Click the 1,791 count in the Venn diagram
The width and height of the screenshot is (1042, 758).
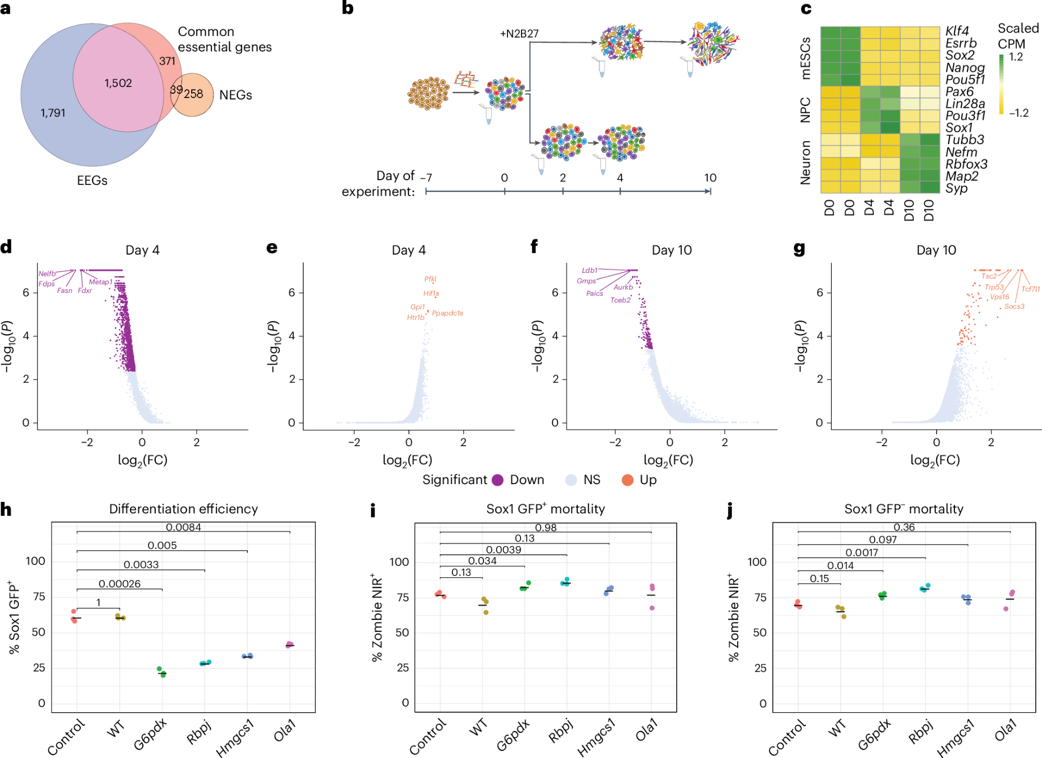[53, 112]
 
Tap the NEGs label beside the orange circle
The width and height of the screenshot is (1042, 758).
[235, 95]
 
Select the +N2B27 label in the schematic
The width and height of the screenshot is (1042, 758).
[519, 34]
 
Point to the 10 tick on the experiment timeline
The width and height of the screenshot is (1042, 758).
[710, 178]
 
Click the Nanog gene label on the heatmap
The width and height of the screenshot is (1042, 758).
[965, 68]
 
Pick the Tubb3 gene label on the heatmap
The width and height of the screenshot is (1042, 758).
[964, 140]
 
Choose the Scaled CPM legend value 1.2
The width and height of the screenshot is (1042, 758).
[1016, 57]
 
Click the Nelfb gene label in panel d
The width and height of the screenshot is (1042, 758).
[47, 274]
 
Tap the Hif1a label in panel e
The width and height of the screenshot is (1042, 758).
[431, 294]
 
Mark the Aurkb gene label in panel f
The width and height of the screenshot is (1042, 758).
[623, 287]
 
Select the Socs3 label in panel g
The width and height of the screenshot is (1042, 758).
[1014, 307]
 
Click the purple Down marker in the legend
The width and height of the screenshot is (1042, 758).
[498, 480]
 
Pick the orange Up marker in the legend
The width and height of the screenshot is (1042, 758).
[627, 480]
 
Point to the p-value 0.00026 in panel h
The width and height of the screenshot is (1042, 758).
[119, 584]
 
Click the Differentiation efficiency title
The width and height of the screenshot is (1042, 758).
[183, 509]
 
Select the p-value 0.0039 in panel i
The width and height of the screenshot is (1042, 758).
[503, 550]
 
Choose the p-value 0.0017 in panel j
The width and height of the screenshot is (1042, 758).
[862, 553]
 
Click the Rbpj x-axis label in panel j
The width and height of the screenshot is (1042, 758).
[921, 732]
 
